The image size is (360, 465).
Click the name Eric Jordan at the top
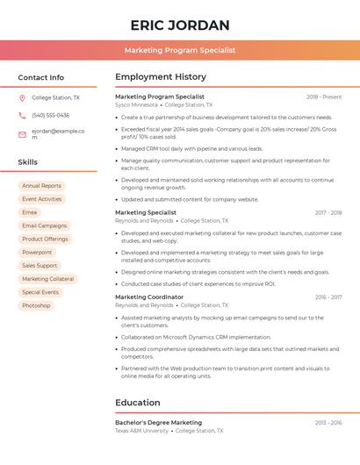pos(179,25)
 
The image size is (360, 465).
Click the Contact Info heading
pos(40,77)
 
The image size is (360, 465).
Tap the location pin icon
pos(22,98)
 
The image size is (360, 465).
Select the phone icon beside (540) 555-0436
pos(22,116)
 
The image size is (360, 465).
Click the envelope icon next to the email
pos(22,134)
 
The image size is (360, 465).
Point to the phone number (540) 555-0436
pos(50,116)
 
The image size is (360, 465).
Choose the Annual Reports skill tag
pos(41,186)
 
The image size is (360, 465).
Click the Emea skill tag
pos(30,212)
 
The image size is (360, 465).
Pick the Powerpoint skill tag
pos(37,252)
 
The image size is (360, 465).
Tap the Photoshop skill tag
pos(36,305)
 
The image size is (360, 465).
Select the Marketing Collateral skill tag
pos(48,279)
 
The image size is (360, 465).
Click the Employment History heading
pos(161,77)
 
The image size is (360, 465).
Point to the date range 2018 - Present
pos(324,97)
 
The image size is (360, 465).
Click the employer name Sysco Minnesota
pos(136,105)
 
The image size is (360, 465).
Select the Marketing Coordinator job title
pos(149,297)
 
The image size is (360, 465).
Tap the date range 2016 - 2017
pos(328,297)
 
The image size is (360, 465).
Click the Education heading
pos(138,403)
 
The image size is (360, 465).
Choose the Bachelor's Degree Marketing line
pos(158,422)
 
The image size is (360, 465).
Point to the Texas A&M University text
pos(141,431)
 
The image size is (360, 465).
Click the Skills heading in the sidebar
pos(28,162)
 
